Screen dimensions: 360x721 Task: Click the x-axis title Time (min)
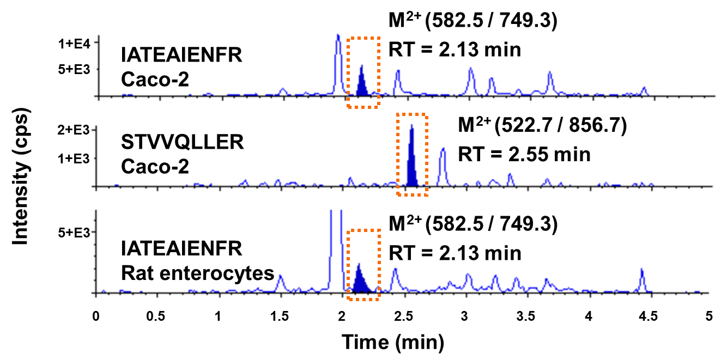point(392,342)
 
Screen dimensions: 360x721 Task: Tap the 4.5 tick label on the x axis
point(648,316)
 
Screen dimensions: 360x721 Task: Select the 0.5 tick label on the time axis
point(157,316)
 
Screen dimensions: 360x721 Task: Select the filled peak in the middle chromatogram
point(412,163)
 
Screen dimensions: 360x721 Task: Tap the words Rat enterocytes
point(197,273)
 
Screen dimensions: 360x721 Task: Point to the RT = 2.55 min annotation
point(524,154)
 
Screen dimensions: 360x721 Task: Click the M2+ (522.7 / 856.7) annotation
point(542,126)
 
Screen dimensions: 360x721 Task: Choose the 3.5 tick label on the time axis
point(525,316)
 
